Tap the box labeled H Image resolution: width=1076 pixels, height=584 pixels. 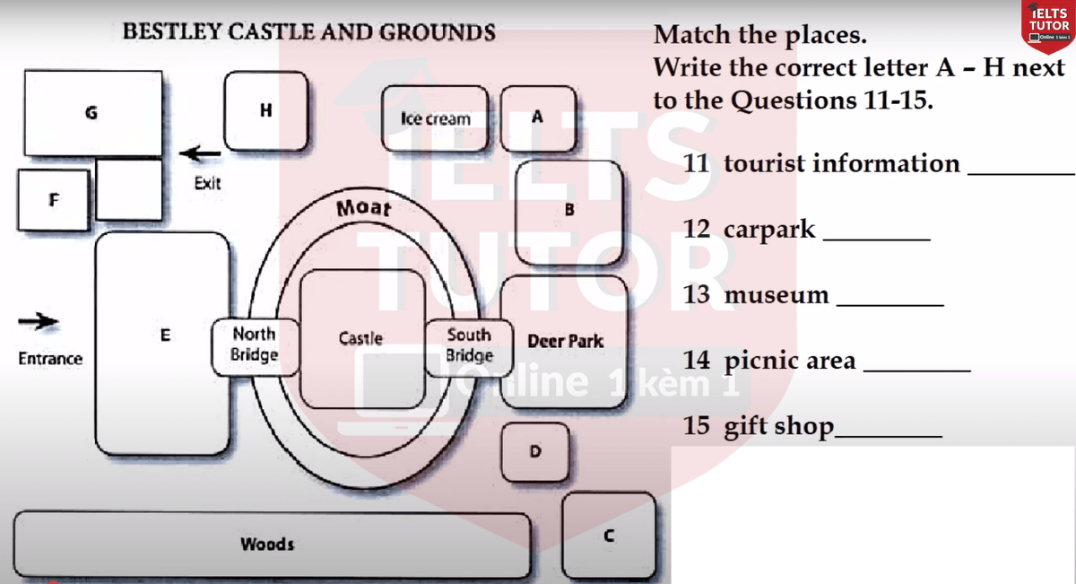click(265, 110)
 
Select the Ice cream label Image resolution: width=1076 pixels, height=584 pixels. click(435, 118)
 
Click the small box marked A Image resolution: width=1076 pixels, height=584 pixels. click(536, 117)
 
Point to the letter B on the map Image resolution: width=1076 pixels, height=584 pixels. click(569, 210)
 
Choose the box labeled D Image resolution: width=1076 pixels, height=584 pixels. click(535, 450)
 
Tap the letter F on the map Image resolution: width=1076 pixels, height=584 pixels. click(54, 199)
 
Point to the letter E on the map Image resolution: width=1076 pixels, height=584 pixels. click(164, 336)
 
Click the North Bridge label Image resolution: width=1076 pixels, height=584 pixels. click(254, 344)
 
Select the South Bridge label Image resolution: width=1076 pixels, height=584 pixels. click(469, 344)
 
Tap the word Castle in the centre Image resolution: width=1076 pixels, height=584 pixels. click(360, 338)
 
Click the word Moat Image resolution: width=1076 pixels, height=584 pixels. click(364, 208)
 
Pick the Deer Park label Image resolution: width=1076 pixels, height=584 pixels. click(565, 342)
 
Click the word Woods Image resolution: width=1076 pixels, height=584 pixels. click(267, 545)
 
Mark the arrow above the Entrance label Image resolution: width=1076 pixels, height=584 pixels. click(39, 320)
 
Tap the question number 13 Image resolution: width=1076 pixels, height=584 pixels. click(696, 294)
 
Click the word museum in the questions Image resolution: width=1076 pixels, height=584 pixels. click(777, 295)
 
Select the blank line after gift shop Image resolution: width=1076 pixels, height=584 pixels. click(888, 434)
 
